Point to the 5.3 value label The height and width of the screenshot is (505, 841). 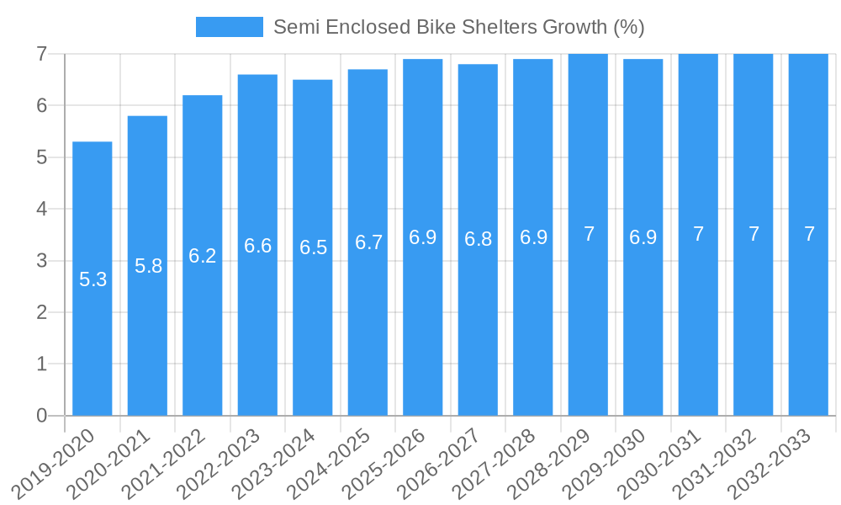(93, 279)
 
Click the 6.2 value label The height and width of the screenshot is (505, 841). (203, 256)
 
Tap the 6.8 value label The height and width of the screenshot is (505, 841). (478, 239)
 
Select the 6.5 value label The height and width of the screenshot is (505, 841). (313, 247)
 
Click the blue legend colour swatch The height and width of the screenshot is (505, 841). (229, 27)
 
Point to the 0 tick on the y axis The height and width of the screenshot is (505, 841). (41, 416)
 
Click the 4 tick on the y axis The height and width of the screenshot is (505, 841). (41, 209)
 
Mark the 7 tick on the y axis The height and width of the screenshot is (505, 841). (41, 54)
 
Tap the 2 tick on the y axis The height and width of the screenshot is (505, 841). (41, 312)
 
